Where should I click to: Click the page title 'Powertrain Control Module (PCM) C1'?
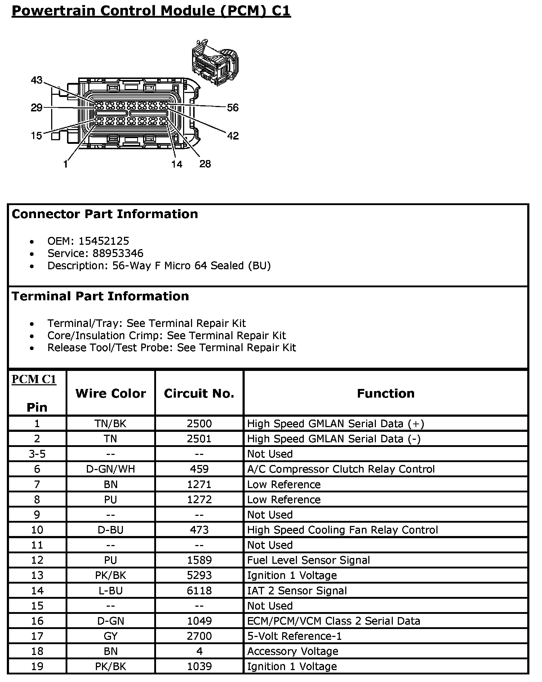click(x=151, y=11)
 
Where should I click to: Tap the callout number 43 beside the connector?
click(x=36, y=80)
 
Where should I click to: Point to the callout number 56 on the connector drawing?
click(x=233, y=107)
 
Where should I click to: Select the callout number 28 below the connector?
click(x=205, y=164)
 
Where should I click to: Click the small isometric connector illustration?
click(x=215, y=62)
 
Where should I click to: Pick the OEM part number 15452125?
click(x=104, y=241)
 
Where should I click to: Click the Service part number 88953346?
click(x=118, y=253)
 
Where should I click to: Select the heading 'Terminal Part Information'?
click(x=100, y=296)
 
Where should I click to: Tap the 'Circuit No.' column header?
click(x=199, y=393)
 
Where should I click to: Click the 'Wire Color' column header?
click(x=111, y=393)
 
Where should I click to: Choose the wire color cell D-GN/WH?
click(x=111, y=469)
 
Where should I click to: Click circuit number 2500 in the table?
click(x=199, y=424)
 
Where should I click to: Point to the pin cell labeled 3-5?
click(x=37, y=454)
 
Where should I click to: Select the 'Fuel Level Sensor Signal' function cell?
click(x=308, y=560)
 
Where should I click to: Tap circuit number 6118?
click(x=199, y=590)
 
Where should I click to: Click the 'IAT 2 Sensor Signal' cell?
click(x=297, y=590)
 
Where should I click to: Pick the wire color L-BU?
click(x=111, y=590)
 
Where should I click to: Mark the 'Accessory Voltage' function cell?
click(x=293, y=651)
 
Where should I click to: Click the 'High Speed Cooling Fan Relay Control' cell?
click(x=342, y=530)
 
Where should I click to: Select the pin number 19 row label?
click(x=37, y=666)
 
